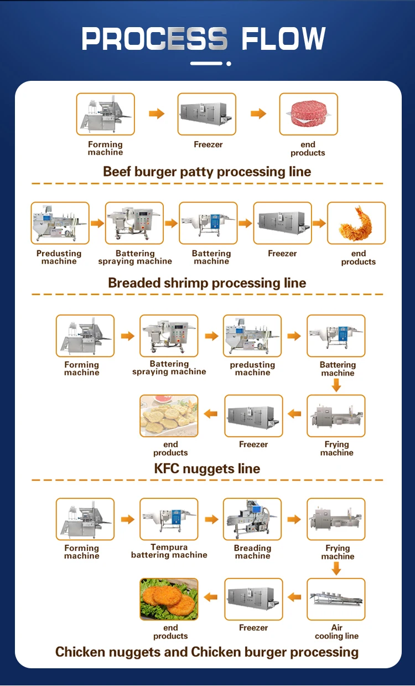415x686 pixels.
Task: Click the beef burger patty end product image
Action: [x=308, y=114]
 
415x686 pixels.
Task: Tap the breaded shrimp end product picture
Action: [x=356, y=223]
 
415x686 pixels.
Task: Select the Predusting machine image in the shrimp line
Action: [x=60, y=223]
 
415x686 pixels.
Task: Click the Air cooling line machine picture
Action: [x=336, y=599]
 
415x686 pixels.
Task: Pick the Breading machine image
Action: [x=252, y=519]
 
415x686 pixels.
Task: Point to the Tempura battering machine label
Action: [x=169, y=551]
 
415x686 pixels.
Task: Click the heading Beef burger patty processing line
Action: [x=207, y=172]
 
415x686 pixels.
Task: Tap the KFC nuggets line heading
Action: [x=207, y=468]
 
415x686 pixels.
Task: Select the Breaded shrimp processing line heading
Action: [x=207, y=283]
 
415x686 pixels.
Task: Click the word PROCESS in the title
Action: [x=154, y=39]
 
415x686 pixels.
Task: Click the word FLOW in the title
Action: [x=283, y=39]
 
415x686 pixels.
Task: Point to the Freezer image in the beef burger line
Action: [x=207, y=114]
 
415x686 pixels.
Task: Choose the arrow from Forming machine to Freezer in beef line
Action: [x=157, y=114]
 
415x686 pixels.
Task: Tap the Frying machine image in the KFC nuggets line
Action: [x=336, y=416]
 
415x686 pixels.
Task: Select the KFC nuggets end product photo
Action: [x=169, y=416]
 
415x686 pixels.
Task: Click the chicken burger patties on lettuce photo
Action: [x=169, y=599]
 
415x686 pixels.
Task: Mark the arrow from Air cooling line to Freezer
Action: [x=294, y=597]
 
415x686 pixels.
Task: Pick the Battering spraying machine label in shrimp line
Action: [x=135, y=257]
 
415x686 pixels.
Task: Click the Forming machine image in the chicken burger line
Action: [x=85, y=519]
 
